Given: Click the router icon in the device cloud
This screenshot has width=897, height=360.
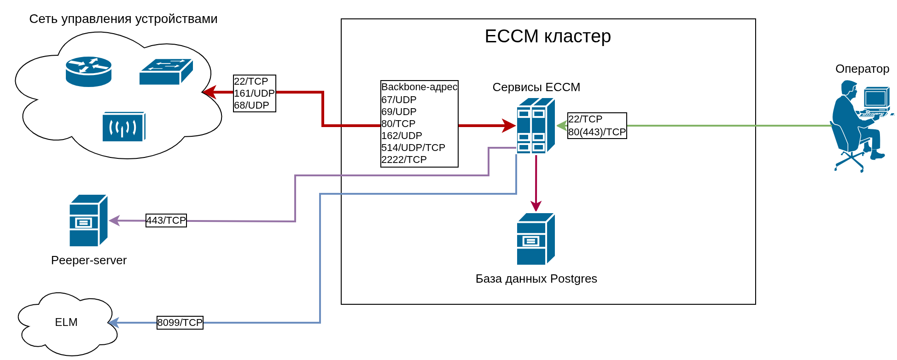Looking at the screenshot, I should coord(88,71).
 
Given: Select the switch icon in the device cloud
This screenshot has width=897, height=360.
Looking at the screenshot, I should coord(166,72).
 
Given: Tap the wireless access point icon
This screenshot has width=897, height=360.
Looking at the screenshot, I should coord(123,127).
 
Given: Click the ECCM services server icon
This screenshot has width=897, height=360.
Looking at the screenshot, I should coord(536,125).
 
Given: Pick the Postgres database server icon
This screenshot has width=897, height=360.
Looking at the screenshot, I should coord(536,239).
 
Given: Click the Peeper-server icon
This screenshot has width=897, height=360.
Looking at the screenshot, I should coord(88,221).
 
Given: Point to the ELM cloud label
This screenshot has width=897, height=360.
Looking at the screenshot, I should coord(66,322).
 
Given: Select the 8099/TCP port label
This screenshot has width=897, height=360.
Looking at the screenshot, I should coord(180,323).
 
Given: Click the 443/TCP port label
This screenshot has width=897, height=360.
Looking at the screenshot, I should coord(166,221).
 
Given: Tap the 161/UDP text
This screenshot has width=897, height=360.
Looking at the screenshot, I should coord(254,93).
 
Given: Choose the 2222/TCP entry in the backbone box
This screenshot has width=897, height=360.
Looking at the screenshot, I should coord(404,160).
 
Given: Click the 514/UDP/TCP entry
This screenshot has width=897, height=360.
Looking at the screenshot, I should coord(413,148).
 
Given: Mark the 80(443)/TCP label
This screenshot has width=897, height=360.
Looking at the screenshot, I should coord(597,132).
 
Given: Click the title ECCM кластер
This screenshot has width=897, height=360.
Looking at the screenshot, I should coord(548,36).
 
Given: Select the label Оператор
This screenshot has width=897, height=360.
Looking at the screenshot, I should coord(862,69).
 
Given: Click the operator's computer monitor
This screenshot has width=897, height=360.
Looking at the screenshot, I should coord(876,98).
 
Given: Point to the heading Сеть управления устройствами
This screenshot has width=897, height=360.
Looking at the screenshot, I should coord(123,19).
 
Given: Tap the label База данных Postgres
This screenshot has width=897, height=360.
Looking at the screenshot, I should coord(536,279).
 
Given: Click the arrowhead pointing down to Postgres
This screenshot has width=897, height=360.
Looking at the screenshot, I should coord(536,206).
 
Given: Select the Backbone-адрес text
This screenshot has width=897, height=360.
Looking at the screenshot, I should coord(419,87).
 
